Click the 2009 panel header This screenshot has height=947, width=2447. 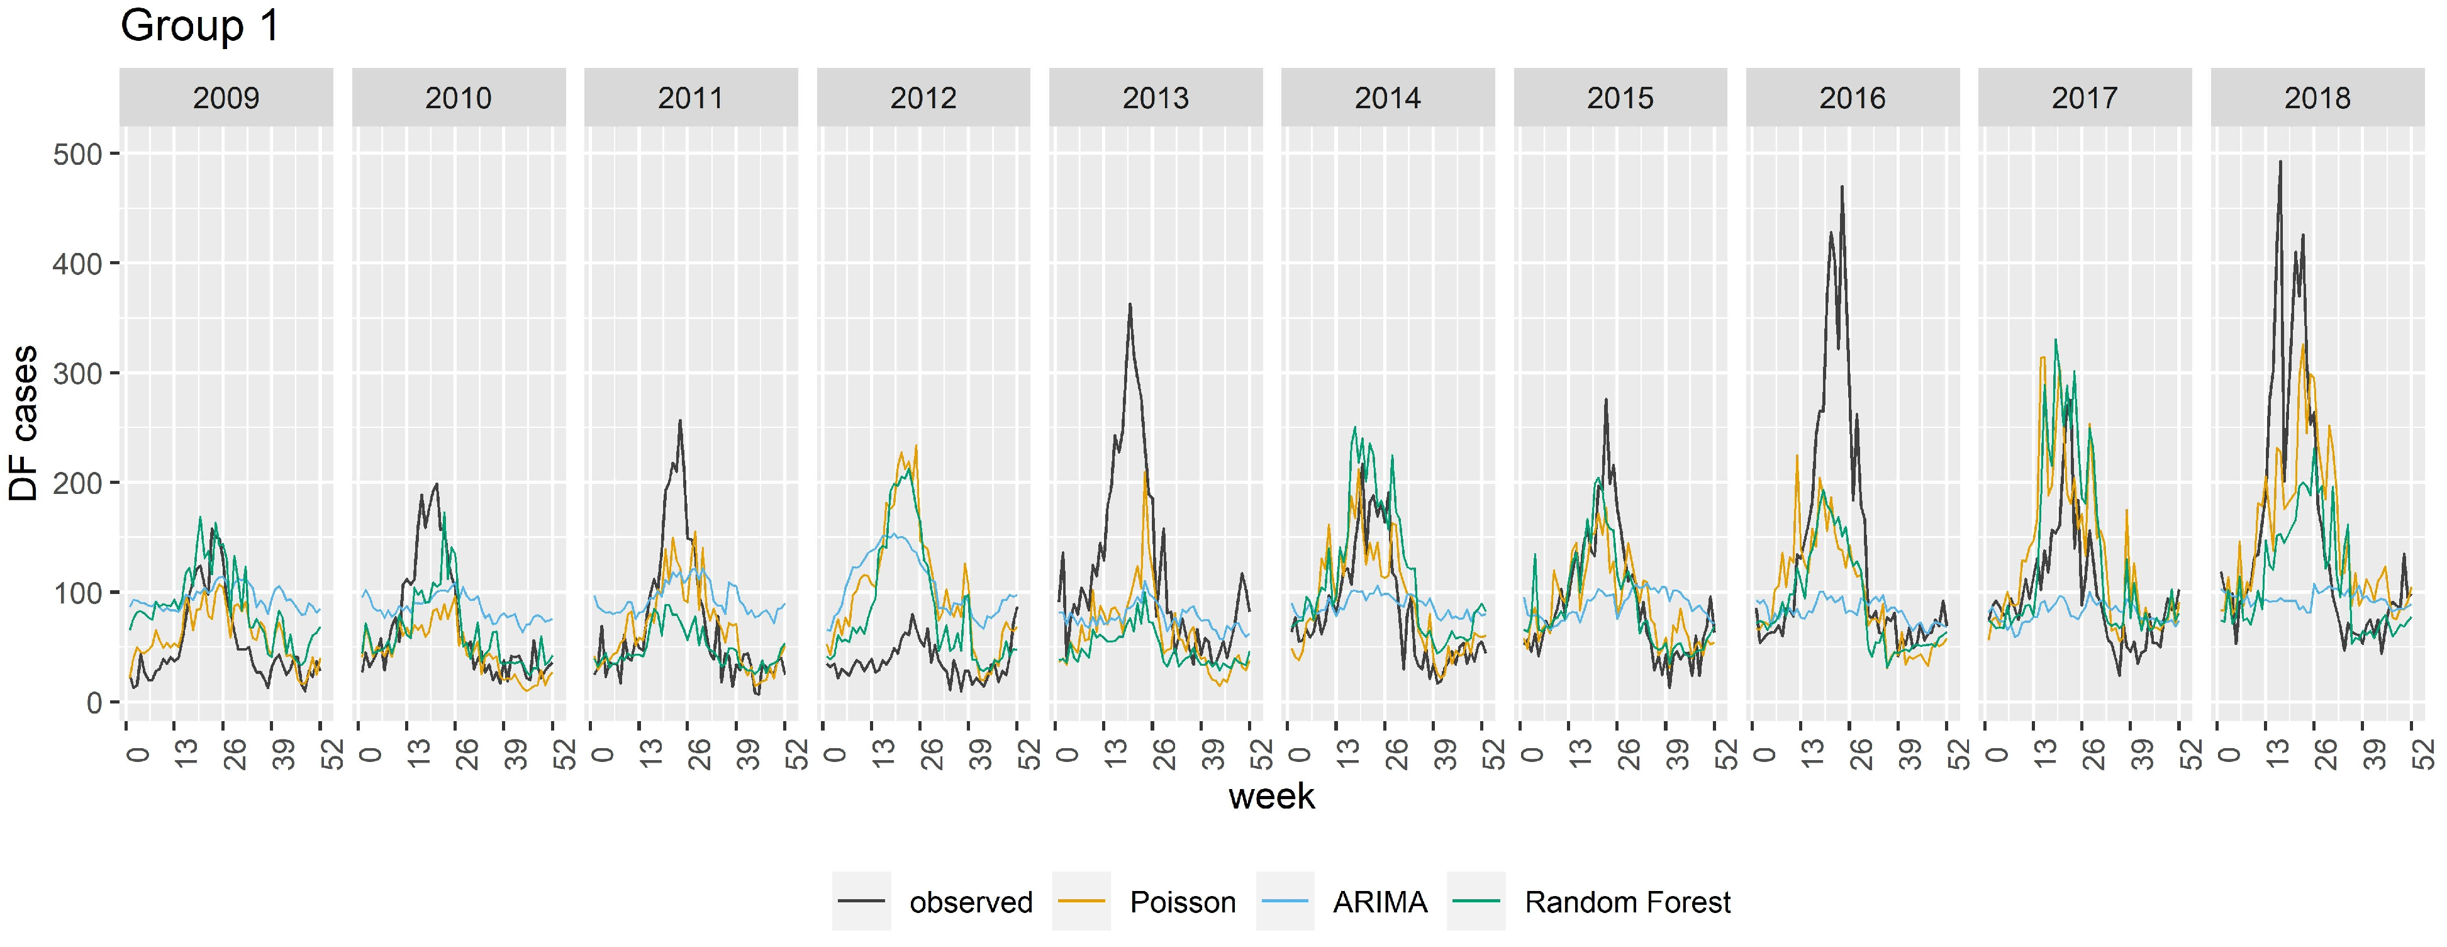tap(226, 98)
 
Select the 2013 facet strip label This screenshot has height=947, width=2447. tap(1155, 98)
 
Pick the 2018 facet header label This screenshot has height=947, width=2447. tap(2317, 98)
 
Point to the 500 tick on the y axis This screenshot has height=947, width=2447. tap(78, 154)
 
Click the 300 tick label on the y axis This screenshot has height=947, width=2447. tap(78, 373)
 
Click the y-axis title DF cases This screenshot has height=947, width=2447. tap(24, 423)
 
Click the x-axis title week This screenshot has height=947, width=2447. tap(1271, 796)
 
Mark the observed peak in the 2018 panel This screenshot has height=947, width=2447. tap(2280, 162)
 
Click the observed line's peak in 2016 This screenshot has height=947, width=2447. tap(1842, 186)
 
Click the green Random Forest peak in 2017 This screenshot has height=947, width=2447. tap(2056, 339)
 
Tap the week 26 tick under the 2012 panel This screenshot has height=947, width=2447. tap(933, 753)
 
